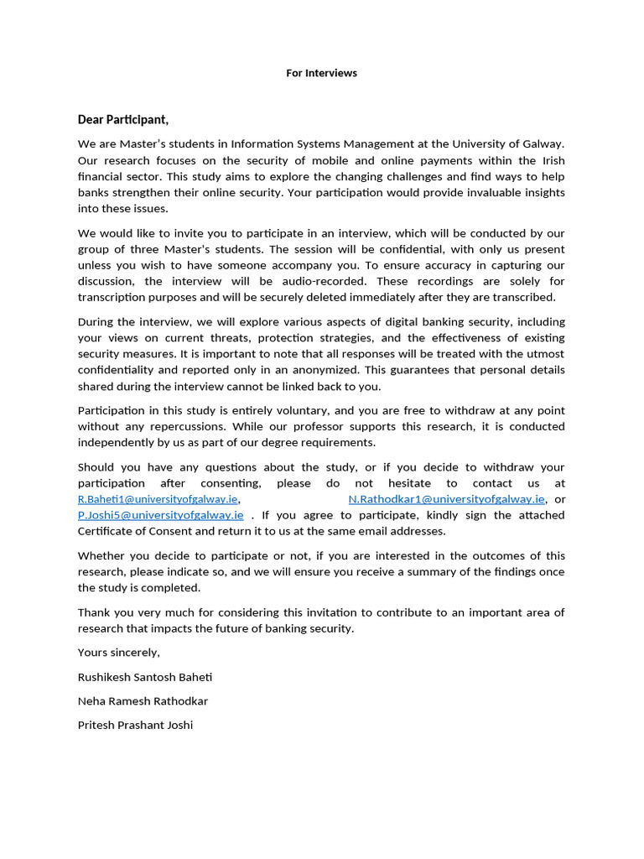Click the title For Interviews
[x=321, y=73]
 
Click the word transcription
[x=117, y=297]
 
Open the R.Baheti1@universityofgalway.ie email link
[x=158, y=499]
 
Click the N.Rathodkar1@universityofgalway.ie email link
[x=446, y=499]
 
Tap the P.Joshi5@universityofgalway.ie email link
[x=160, y=515]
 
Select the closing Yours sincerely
[x=118, y=652]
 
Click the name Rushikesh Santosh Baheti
[x=150, y=676]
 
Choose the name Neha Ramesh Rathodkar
[x=143, y=700]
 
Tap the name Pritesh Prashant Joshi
[x=135, y=725]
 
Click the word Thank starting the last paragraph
[x=94, y=612]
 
